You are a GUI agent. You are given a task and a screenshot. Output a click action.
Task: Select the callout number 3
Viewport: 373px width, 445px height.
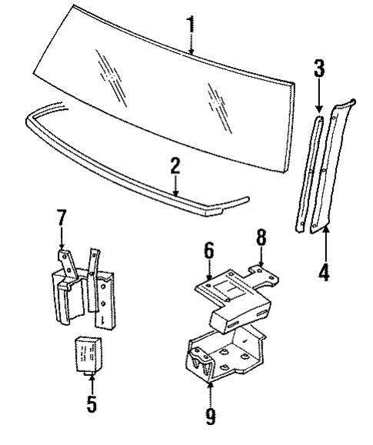point(320,71)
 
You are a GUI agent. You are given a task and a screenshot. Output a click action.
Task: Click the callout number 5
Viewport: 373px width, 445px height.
point(92,403)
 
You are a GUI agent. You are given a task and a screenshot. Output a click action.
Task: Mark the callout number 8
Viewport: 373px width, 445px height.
point(262,237)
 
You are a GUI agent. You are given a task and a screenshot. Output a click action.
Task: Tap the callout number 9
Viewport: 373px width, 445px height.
point(210,417)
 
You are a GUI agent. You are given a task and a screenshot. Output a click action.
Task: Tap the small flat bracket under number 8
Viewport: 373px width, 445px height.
point(261,274)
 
